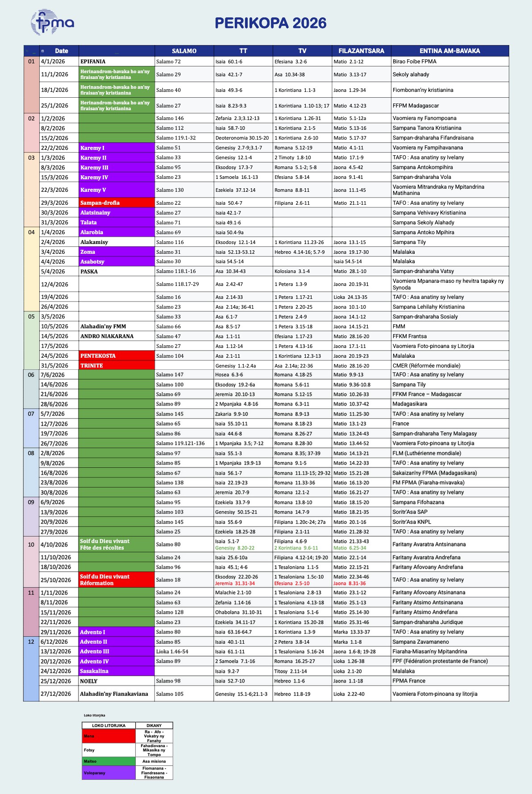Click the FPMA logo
coord(52,22)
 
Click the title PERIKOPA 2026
coord(270,23)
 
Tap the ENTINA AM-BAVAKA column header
coord(449,51)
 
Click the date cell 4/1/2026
coord(53,62)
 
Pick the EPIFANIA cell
coord(93,62)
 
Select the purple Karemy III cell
coord(94,168)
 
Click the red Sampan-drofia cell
coord(100,203)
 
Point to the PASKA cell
coord(89,272)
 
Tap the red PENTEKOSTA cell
coord(98,356)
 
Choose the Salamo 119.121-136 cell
coord(180,443)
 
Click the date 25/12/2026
coord(56,681)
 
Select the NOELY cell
coord(89,681)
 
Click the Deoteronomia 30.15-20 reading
coord(242,138)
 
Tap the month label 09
coord(31,502)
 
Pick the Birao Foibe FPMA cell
coord(415,62)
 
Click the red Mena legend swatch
coord(108,736)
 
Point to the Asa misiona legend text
coord(154,761)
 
